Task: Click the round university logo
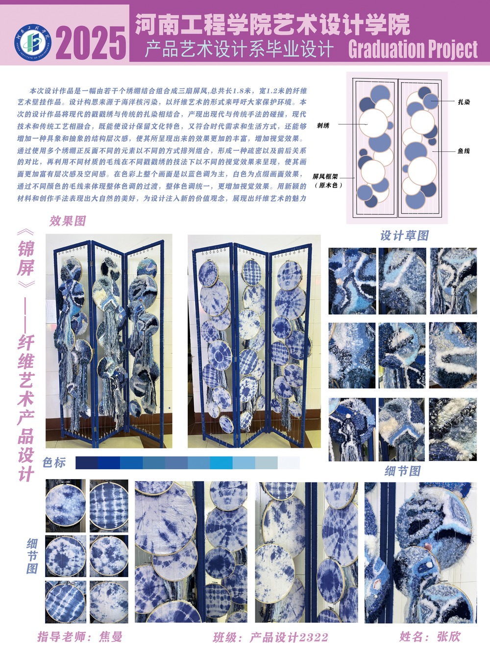coord(33,42)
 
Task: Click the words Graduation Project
coord(413,49)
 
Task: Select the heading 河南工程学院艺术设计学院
coord(272,24)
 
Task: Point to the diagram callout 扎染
coord(464,102)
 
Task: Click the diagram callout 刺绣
coord(323,125)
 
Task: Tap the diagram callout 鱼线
coord(464,151)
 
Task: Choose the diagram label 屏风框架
coord(325,176)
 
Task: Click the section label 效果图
coord(68,221)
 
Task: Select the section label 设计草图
coord(404,236)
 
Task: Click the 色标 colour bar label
coord(54,462)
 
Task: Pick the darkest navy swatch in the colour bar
coord(87,463)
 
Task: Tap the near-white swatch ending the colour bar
coord(289,463)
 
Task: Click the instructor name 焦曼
coord(110,637)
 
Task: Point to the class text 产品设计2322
coord(289,637)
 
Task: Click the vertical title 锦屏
coord(26,258)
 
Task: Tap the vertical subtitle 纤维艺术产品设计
coord(26,408)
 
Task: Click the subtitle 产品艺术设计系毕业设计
coord(239,49)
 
